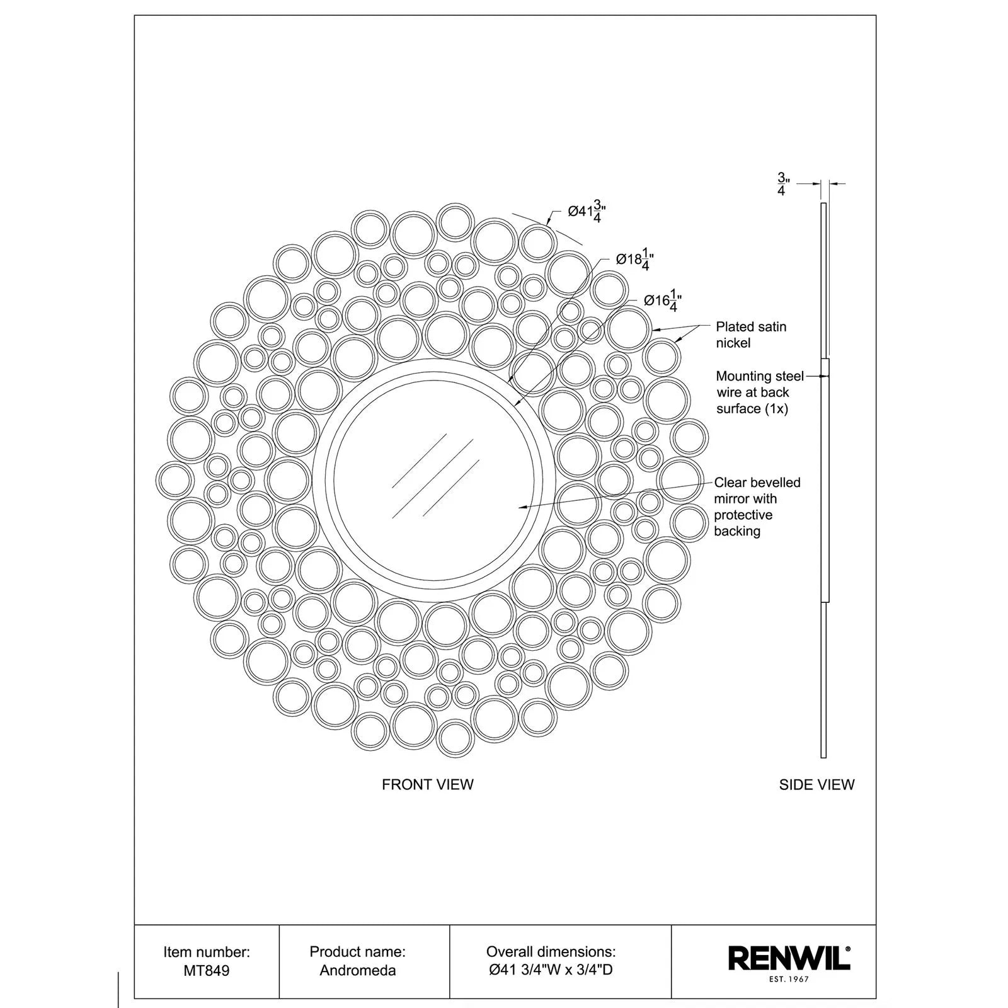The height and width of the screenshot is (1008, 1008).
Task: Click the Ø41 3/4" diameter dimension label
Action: click(x=587, y=212)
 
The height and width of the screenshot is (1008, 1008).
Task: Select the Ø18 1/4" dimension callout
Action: click(x=634, y=260)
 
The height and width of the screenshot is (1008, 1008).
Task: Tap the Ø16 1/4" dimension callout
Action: click(x=663, y=301)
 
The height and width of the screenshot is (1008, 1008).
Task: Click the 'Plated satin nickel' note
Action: click(x=751, y=335)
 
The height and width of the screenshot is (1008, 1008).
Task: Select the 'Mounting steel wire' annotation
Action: click(x=760, y=392)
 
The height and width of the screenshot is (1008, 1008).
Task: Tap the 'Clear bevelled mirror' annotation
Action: click(x=757, y=507)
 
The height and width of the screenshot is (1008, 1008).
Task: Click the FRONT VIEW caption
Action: click(x=428, y=784)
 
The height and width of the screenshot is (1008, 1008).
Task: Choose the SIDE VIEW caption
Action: click(x=816, y=784)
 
